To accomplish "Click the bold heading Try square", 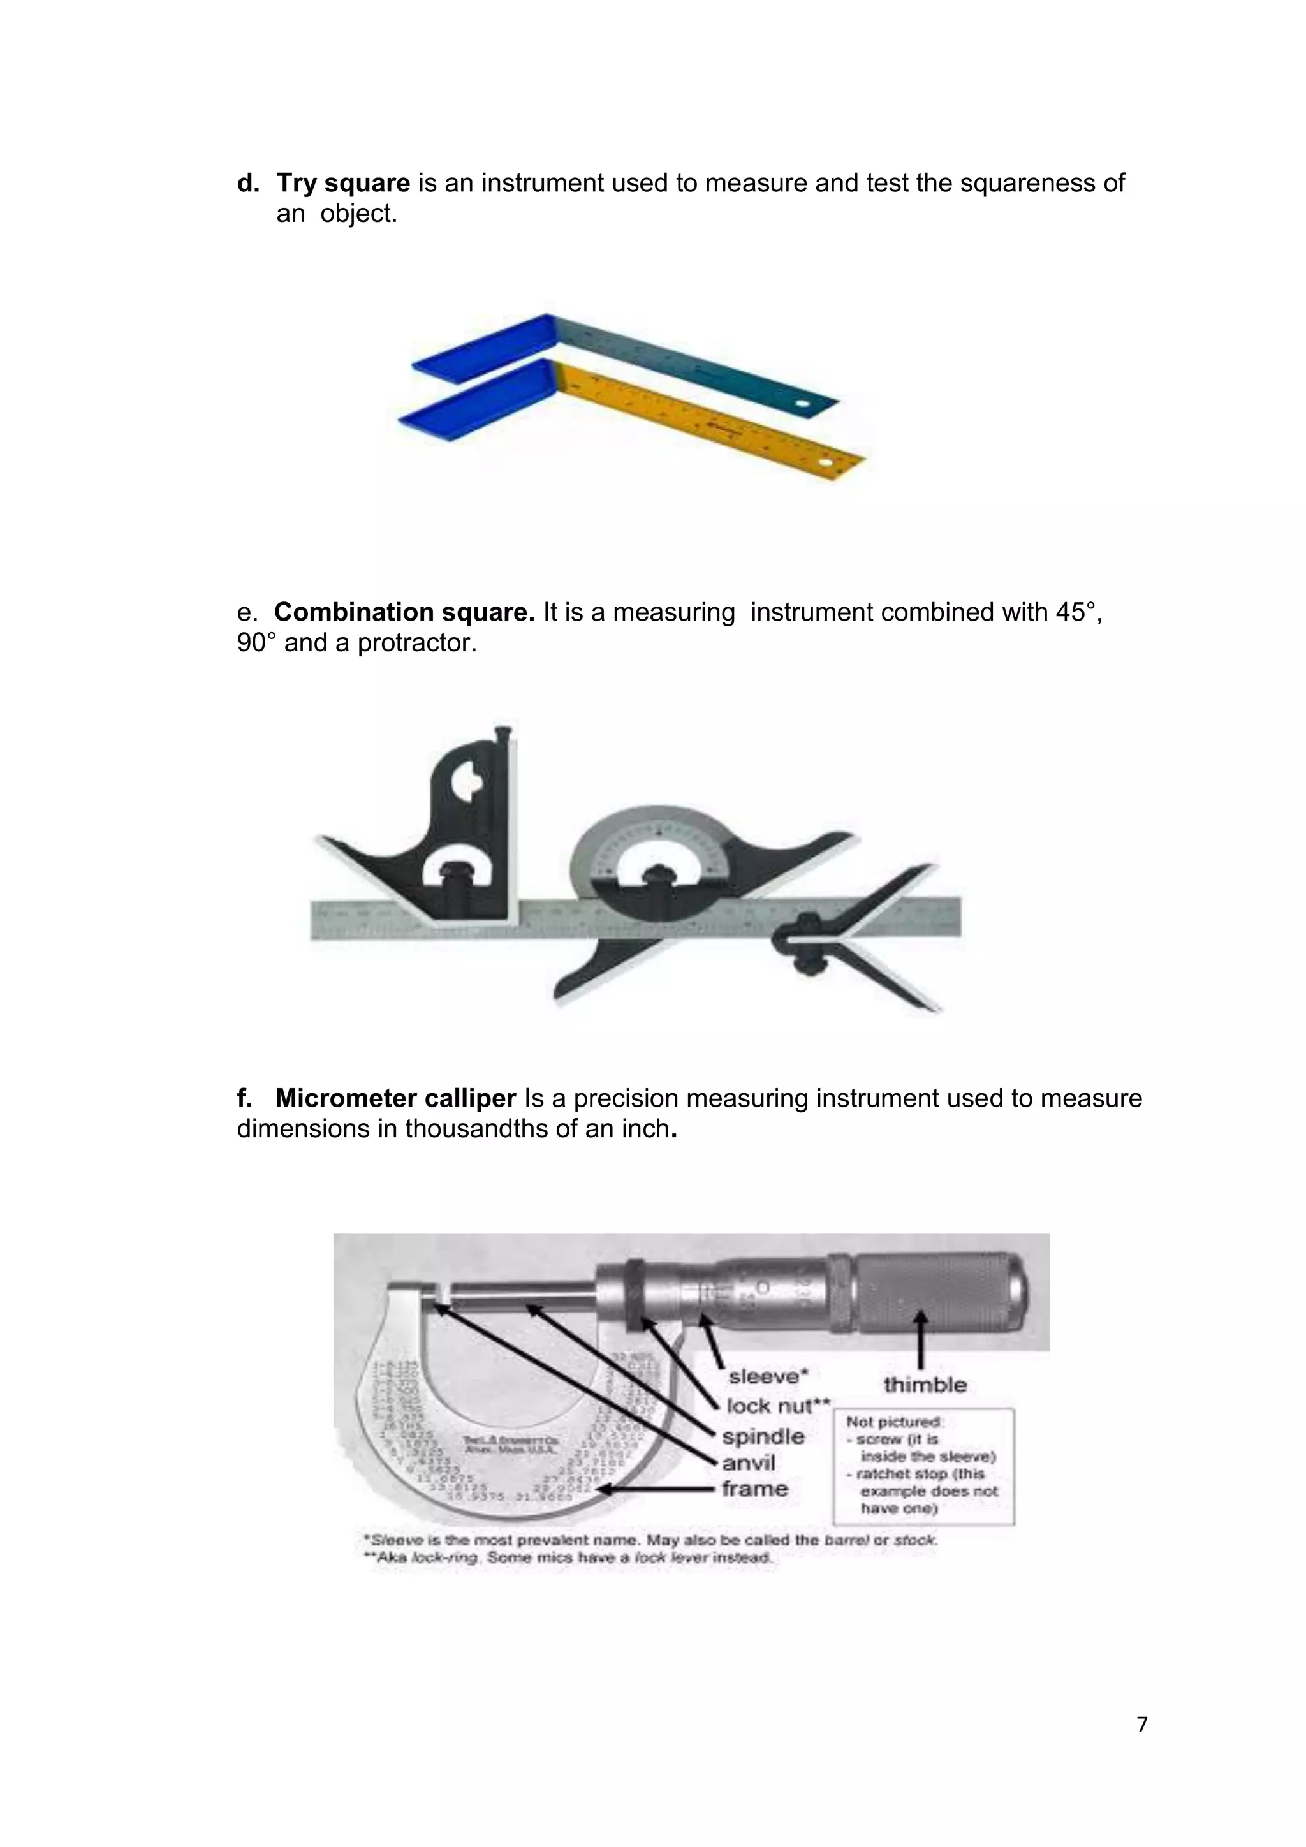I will coord(343,184).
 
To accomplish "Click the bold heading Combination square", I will coord(404,612).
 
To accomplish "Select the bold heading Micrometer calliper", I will coord(395,1098).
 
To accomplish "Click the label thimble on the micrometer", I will coord(925,1385).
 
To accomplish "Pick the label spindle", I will coord(763,1437).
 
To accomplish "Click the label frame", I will coord(754,1489).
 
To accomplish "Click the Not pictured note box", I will coord(923,1466).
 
